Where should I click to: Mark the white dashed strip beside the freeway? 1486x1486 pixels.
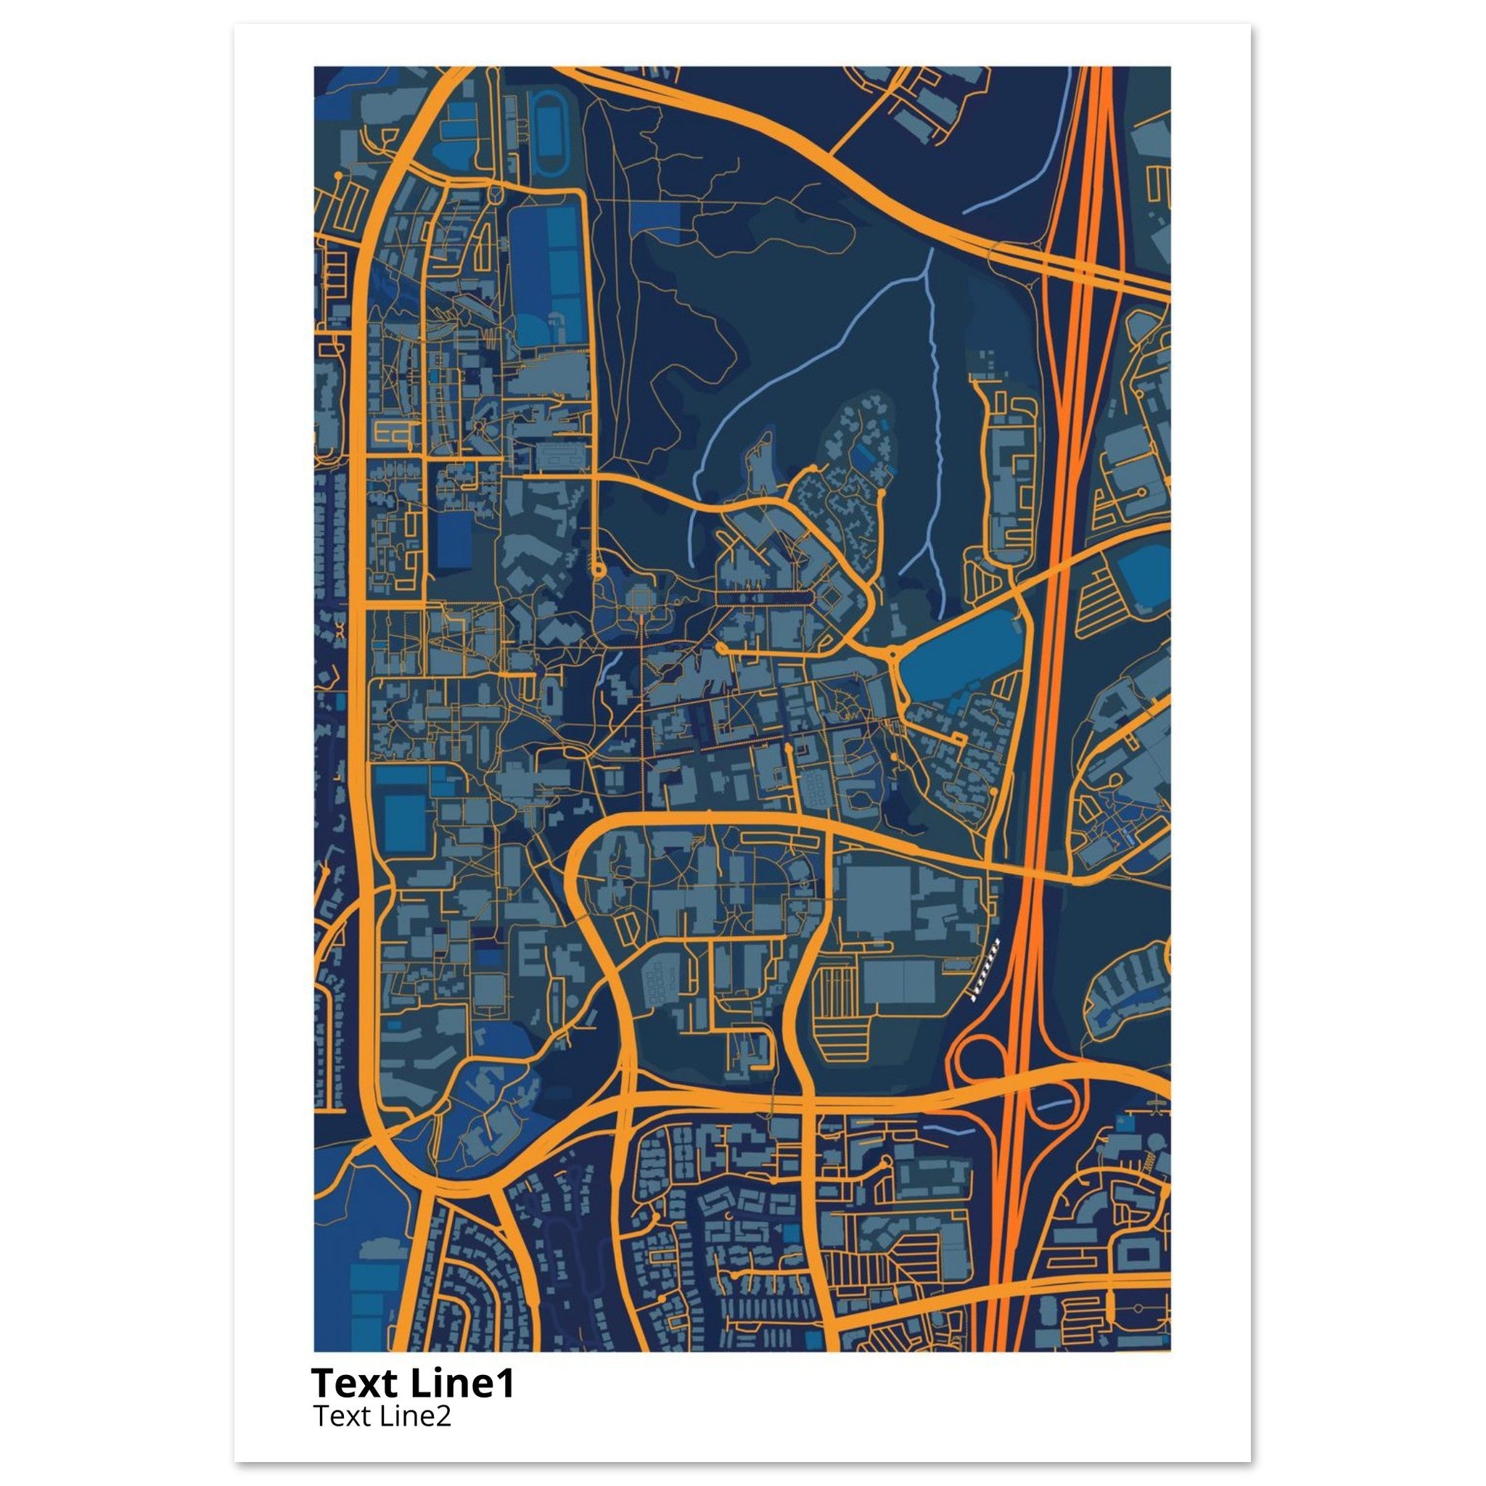point(985,971)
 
